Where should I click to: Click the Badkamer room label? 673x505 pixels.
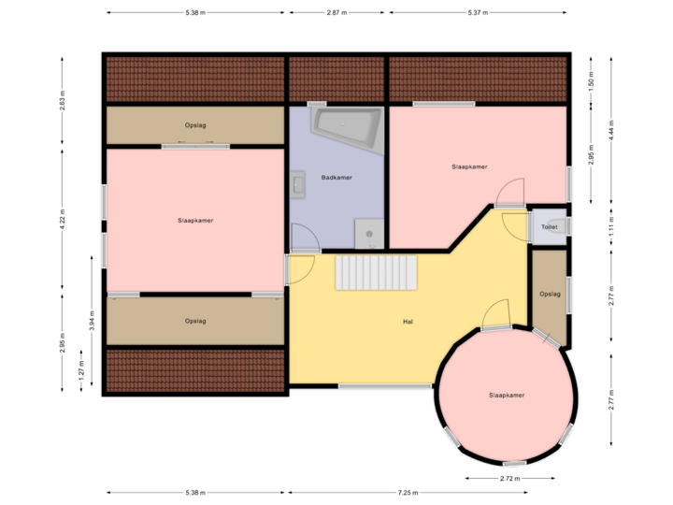click(x=336, y=177)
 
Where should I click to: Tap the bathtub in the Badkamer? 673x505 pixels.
click(x=347, y=127)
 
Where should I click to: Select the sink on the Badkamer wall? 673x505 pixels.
click(x=298, y=184)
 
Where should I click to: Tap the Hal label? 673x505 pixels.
click(x=408, y=322)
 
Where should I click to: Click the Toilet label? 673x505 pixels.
click(x=549, y=226)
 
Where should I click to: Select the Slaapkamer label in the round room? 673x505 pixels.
click(x=506, y=396)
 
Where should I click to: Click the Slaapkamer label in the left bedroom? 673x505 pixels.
click(x=195, y=221)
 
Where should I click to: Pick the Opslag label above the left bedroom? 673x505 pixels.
click(x=195, y=124)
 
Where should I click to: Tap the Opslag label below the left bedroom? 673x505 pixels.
click(x=195, y=321)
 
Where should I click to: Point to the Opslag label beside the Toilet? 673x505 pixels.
click(x=550, y=294)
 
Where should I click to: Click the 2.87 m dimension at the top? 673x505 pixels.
click(x=336, y=12)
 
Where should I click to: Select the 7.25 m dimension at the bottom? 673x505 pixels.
click(x=408, y=493)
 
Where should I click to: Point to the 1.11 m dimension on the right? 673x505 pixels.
click(x=611, y=227)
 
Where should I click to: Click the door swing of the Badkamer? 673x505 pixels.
click(x=304, y=238)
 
